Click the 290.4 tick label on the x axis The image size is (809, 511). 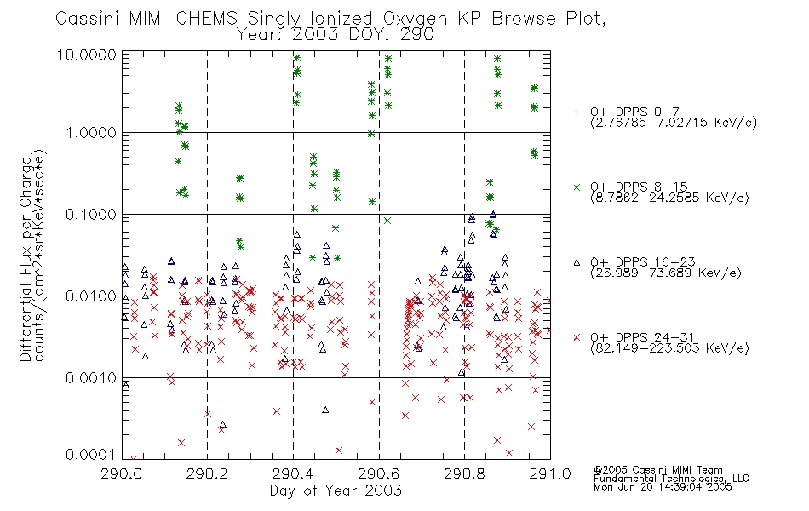click(294, 474)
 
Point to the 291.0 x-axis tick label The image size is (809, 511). click(550, 474)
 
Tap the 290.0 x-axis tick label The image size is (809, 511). click(122, 474)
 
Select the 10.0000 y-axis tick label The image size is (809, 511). click(87, 55)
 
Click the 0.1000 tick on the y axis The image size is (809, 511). click(91, 215)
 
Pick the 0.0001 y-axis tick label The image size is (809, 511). click(91, 454)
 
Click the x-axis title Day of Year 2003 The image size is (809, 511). click(336, 491)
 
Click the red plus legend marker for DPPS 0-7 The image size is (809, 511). click(577, 112)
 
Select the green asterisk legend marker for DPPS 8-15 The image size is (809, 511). click(577, 187)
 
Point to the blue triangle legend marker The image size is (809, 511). click(577, 262)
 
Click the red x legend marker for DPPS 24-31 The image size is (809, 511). click(577, 337)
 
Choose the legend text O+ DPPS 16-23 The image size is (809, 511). click(643, 261)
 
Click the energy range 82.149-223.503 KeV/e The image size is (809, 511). click(669, 348)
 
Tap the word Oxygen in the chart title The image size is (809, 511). click(415, 19)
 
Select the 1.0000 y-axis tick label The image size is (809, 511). click(91, 133)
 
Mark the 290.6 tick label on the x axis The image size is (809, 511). click(379, 474)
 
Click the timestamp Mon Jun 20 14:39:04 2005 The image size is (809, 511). click(663, 487)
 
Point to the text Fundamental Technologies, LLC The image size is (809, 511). click(671, 479)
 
